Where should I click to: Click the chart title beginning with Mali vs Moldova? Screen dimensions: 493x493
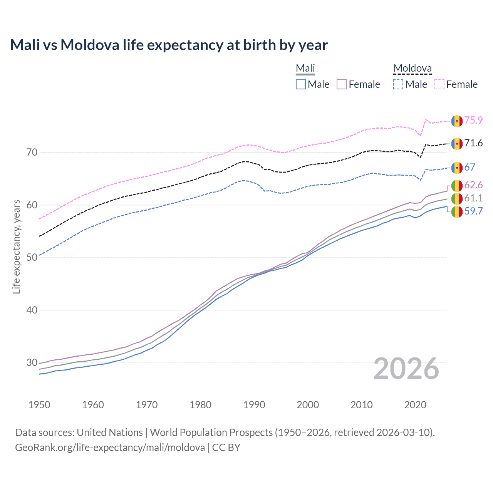pyautogui.click(x=169, y=45)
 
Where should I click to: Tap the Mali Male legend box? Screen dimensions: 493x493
pyautogui.click(x=301, y=84)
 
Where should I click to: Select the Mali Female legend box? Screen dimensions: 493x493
pyautogui.click(x=342, y=84)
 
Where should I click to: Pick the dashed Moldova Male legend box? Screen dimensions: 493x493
pyautogui.click(x=398, y=84)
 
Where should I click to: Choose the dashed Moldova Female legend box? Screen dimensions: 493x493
pyautogui.click(x=439, y=84)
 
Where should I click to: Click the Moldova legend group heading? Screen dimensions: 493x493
pyautogui.click(x=412, y=69)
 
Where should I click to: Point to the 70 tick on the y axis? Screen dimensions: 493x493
pyautogui.click(x=32, y=153)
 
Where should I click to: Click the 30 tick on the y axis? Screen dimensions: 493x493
pyautogui.click(x=32, y=362)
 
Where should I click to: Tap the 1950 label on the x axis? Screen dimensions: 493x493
pyautogui.click(x=39, y=405)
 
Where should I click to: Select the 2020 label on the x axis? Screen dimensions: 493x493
pyautogui.click(x=415, y=405)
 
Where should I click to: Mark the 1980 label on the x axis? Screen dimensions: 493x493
pyautogui.click(x=200, y=405)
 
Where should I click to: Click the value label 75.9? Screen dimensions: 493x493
pyautogui.click(x=473, y=120)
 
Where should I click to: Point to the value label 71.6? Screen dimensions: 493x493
pyautogui.click(x=473, y=143)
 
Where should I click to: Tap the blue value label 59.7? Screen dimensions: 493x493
pyautogui.click(x=473, y=211)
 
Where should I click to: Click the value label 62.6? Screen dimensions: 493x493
pyautogui.click(x=473, y=185)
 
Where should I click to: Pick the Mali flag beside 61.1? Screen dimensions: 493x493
pyautogui.click(x=457, y=199)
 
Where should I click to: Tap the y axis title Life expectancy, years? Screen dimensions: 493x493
pyautogui.click(x=17, y=246)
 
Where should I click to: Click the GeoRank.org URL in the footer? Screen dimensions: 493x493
pyautogui.click(x=110, y=448)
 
